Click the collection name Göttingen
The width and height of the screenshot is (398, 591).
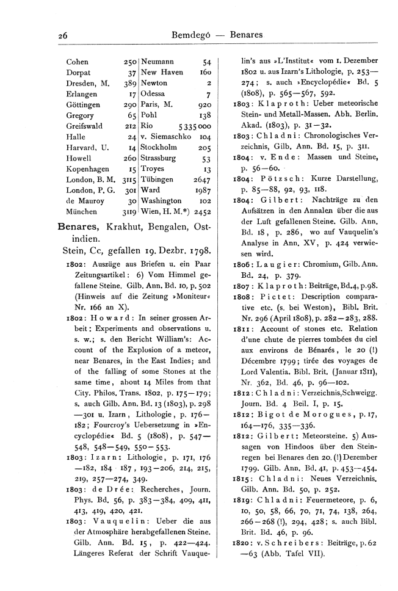[x=83, y=105]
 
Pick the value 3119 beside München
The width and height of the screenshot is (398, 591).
[x=127, y=212]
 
